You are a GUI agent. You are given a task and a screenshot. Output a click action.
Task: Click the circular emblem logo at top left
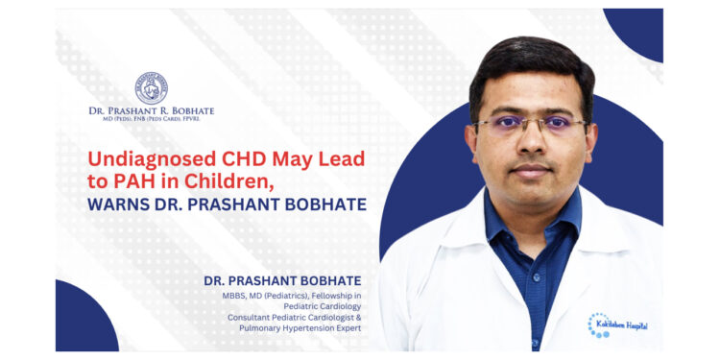pyautogui.click(x=151, y=87)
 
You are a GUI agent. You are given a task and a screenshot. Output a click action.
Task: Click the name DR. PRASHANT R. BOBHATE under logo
pyautogui.click(x=151, y=111)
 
